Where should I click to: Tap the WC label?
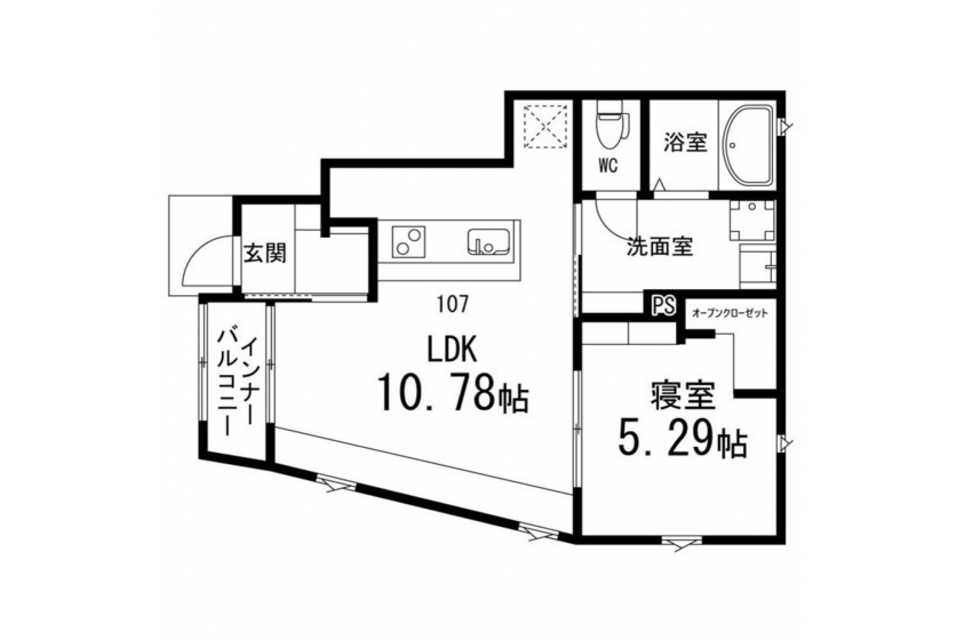point(608,166)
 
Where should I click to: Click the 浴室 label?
point(686,143)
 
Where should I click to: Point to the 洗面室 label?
point(660,247)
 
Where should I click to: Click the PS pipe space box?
point(663,305)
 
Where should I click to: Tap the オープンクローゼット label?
point(729,314)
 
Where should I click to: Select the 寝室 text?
point(683,396)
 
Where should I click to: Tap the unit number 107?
point(453,304)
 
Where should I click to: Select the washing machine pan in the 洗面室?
point(752,220)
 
